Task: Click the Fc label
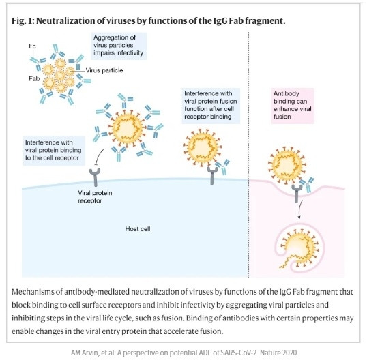tap(32, 46)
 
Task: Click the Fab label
tap(34, 78)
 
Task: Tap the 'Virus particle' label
tap(104, 70)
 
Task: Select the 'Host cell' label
tap(138, 229)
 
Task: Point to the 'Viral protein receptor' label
tap(95, 197)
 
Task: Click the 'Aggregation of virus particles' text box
tap(119, 46)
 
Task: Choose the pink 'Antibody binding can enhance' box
tap(293, 105)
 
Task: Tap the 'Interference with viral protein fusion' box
tap(211, 106)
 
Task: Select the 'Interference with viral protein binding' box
tap(54, 151)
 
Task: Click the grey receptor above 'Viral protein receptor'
tap(95, 177)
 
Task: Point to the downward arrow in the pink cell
tap(300, 210)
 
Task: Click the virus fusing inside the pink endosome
tap(299, 249)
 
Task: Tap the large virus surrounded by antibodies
tap(128, 128)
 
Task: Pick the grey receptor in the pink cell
tap(297, 194)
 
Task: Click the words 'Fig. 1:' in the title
tap(23, 21)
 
